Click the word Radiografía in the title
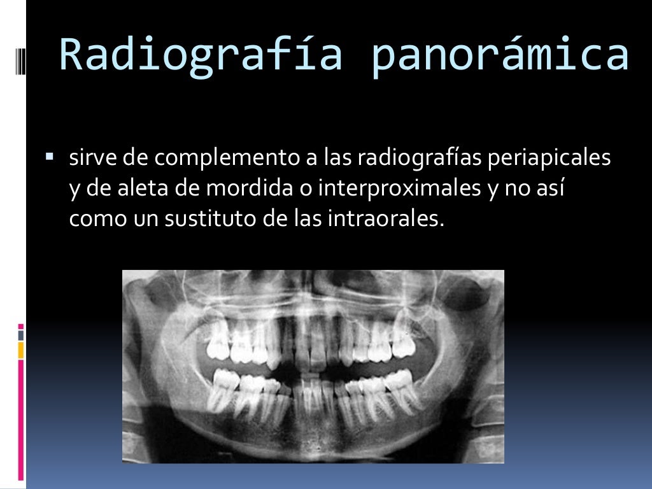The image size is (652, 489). pos(201,55)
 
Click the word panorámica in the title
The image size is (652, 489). pos(500,55)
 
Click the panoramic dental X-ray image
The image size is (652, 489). pos(313,366)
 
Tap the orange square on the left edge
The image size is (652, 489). pos(21,350)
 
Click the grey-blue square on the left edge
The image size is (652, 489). pos(21,334)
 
